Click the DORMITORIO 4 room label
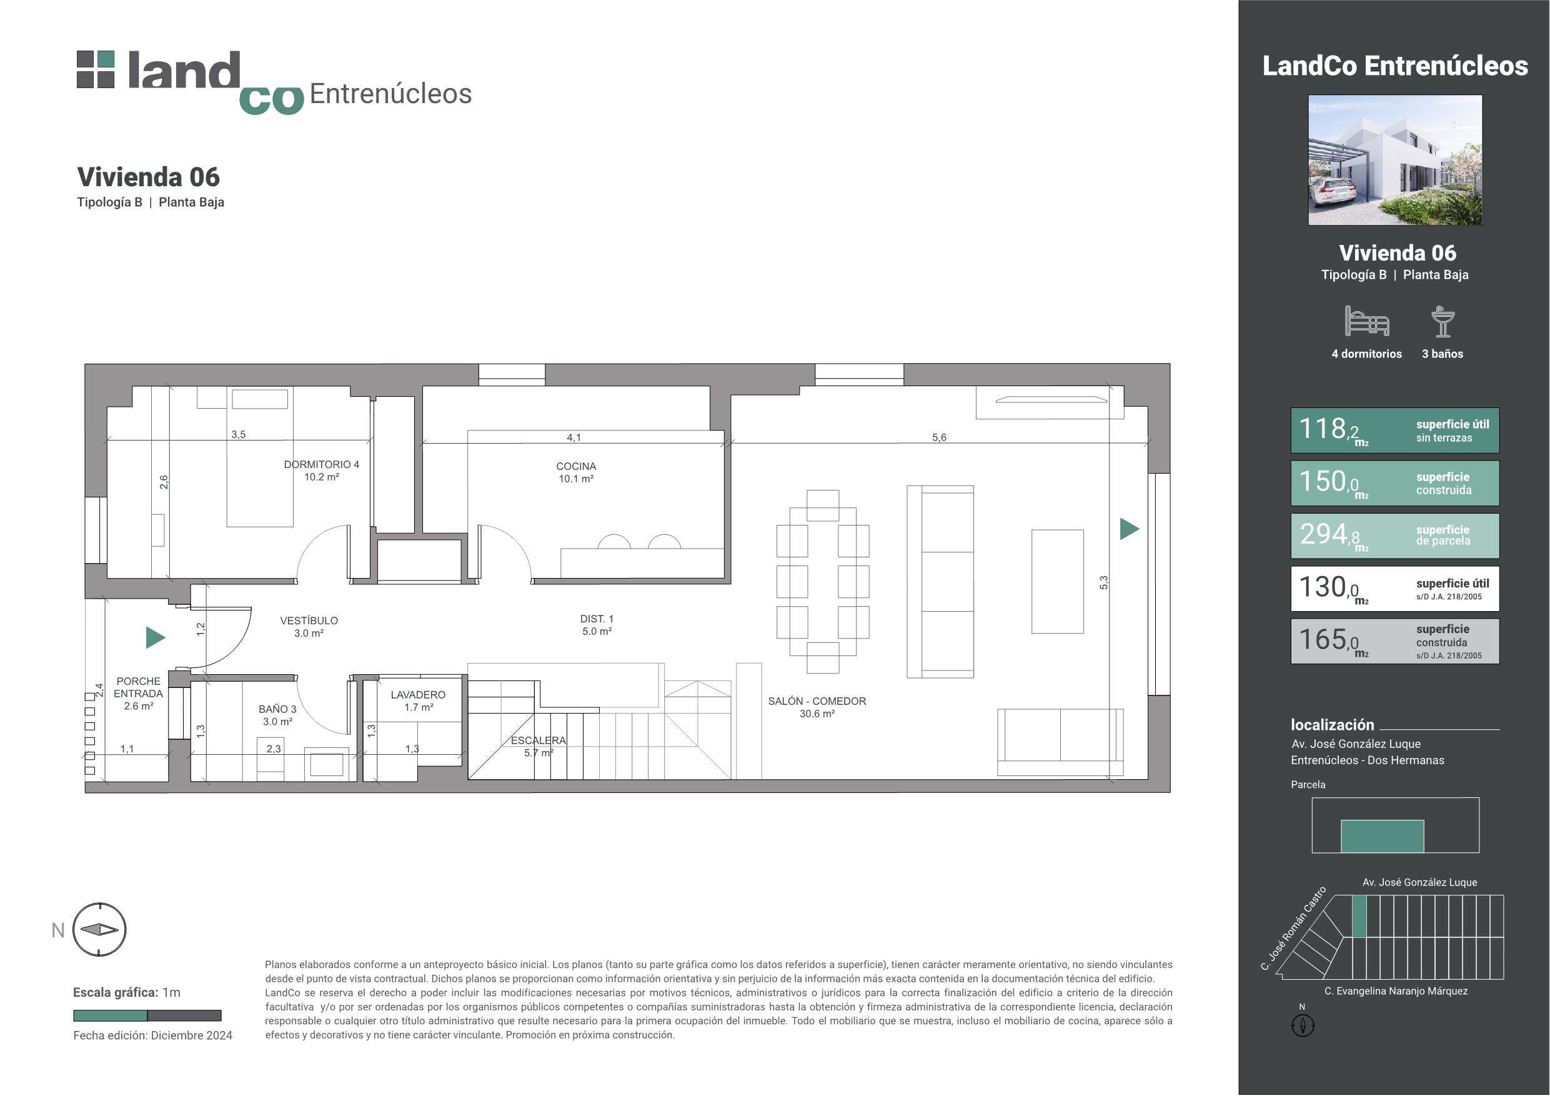pos(321,465)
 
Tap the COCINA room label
pos(576,467)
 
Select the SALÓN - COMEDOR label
pos(817,702)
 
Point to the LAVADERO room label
pos(418,695)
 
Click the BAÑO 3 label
pos(277,709)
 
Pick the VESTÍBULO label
pos(309,620)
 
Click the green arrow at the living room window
pos(1130,529)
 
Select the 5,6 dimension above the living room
pos(939,437)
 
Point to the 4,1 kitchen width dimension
pos(574,437)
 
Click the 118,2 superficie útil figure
pos(1329,429)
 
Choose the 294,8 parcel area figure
pos(1329,535)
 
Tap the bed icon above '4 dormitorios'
pos(1367,321)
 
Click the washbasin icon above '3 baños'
pos(1443,321)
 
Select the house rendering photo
pos(1394,160)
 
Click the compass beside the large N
pos(99,930)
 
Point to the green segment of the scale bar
pos(110,1015)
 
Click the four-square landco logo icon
pos(96,69)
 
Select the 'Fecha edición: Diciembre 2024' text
pos(152,1036)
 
